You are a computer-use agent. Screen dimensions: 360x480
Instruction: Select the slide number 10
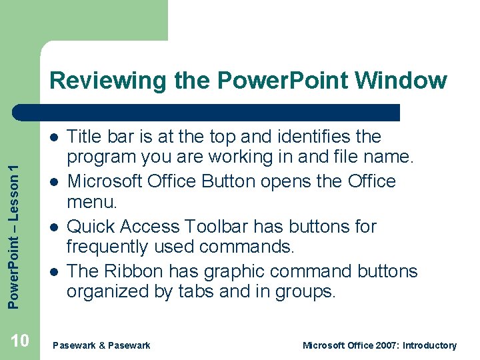click(x=20, y=342)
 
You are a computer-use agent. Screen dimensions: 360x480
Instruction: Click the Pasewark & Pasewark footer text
click(x=101, y=345)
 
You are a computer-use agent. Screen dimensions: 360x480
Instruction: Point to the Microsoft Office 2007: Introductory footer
click(x=379, y=345)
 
